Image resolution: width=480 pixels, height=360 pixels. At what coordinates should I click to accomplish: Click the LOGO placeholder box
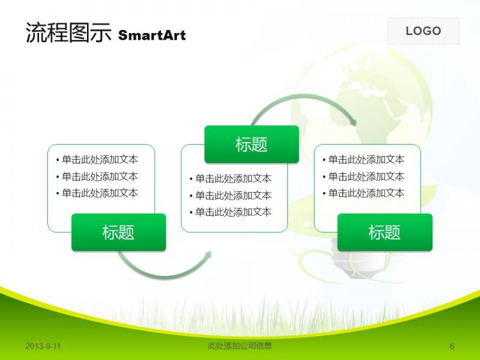coord(424,31)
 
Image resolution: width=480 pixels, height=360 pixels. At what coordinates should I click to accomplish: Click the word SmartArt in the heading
coord(152,35)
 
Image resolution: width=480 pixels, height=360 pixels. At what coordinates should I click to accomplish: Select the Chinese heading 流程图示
coord(68,32)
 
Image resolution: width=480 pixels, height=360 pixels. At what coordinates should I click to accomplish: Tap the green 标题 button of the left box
coord(119,232)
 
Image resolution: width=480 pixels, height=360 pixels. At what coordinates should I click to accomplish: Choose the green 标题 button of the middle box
coord(251,144)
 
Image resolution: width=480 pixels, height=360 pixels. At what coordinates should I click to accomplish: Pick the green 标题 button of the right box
coord(385,232)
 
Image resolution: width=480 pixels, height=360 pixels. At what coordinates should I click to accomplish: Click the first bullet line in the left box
coord(97,160)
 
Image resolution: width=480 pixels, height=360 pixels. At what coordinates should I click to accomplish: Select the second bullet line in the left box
coord(97,176)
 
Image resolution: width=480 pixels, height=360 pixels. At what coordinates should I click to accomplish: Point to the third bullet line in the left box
coord(97,193)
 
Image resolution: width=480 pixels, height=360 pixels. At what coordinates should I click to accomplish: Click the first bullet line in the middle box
coord(230,178)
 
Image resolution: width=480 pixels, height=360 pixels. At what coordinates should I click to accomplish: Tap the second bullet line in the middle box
coord(230,196)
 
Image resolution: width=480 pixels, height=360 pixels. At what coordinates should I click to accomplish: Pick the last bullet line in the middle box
coord(230,212)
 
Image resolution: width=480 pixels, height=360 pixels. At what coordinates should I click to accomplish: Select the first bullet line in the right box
coord(364,160)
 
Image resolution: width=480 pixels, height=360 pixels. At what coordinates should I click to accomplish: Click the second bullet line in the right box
coord(364,176)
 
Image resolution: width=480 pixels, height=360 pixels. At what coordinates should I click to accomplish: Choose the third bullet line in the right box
coord(364,193)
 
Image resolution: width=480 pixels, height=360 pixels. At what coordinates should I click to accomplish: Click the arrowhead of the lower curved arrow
coord(208,254)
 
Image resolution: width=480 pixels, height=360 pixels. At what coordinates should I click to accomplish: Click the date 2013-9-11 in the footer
coord(43,346)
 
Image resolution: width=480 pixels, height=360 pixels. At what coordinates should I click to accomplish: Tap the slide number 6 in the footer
coord(452,346)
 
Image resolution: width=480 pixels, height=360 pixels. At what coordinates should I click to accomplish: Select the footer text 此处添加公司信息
coord(239,346)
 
